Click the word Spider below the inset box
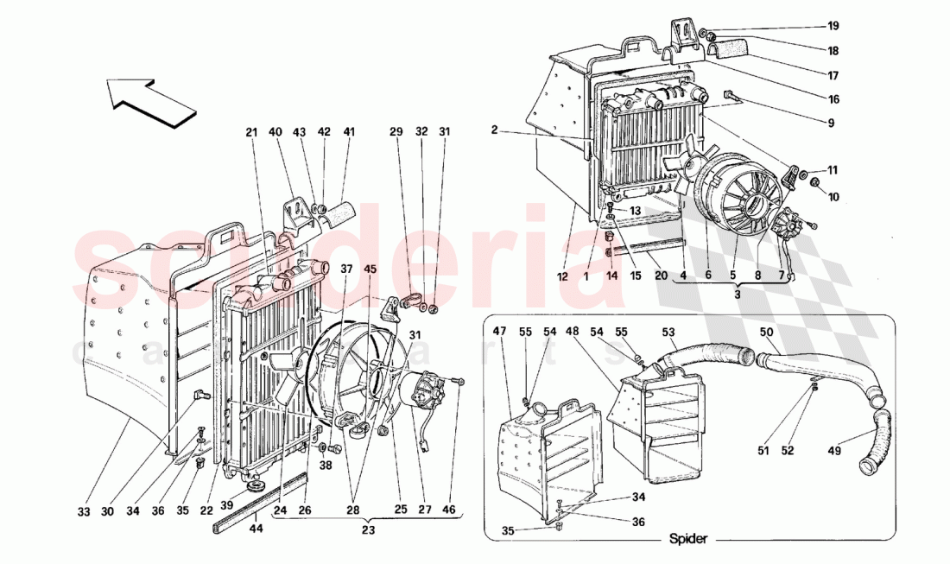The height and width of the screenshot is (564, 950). point(687,539)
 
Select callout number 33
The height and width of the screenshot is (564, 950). point(83,511)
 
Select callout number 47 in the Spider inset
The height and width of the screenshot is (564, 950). point(499,332)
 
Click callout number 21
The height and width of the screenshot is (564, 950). point(251,133)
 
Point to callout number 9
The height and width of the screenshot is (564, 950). point(830,124)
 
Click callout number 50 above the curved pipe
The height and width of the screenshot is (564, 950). point(766,332)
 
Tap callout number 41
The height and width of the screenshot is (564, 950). point(349,133)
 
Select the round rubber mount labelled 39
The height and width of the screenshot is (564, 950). point(255,488)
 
